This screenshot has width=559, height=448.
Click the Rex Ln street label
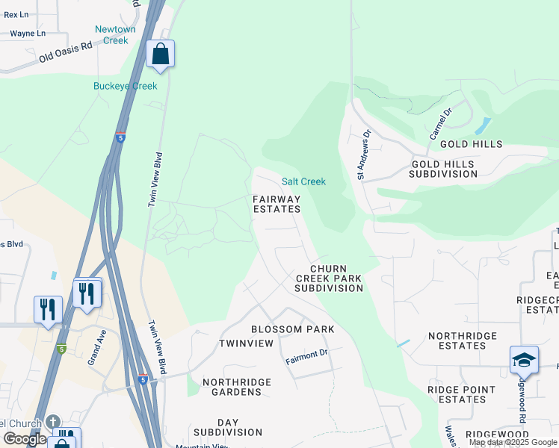[16, 15]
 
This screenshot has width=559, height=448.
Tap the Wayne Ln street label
[28, 34]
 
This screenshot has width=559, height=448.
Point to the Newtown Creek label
[115, 35]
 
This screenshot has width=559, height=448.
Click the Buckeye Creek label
[125, 87]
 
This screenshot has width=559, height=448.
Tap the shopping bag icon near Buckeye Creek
[160, 54]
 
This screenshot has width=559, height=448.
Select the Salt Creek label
[303, 181]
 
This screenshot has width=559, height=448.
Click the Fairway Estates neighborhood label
[277, 205]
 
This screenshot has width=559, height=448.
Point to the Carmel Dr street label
[441, 124]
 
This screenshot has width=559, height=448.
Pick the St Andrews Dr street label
[363, 155]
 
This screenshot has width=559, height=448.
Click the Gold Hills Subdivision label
[442, 169]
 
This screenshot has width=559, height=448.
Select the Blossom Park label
[292, 329]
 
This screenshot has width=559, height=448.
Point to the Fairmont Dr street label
[306, 357]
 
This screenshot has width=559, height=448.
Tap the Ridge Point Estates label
[461, 394]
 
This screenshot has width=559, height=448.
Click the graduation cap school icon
[524, 360]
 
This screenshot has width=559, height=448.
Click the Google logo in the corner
[25, 439]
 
